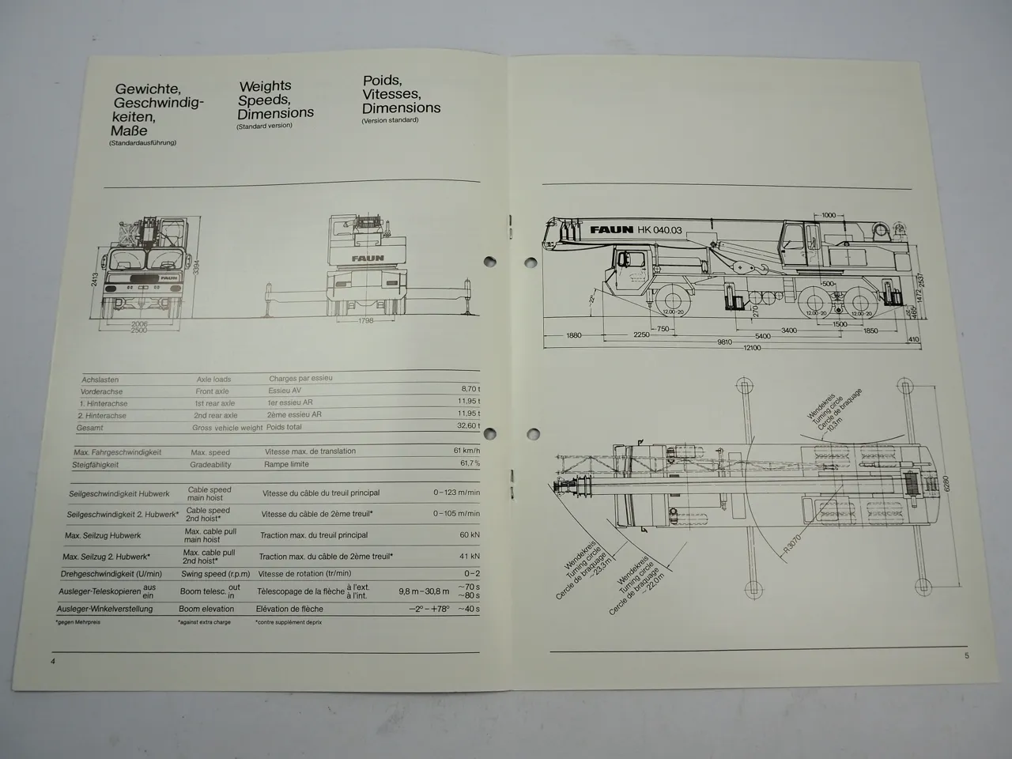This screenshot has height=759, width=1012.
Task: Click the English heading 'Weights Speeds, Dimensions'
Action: point(276,100)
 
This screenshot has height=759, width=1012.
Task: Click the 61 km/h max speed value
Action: point(467,450)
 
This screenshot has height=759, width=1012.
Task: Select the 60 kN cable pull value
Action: point(470,535)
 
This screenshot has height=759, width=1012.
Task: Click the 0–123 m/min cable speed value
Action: point(456,493)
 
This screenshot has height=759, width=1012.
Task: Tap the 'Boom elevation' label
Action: point(206,609)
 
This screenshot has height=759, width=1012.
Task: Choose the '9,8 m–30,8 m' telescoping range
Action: point(425,591)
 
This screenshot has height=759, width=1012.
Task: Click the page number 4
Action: point(53,661)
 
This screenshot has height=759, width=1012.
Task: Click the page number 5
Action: point(966,655)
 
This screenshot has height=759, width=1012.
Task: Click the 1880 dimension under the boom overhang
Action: point(573,335)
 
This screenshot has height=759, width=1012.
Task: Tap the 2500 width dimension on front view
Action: point(140,330)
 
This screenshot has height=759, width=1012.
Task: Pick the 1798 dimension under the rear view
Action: point(365,320)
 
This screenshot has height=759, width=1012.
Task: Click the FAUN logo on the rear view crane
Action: point(368,258)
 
